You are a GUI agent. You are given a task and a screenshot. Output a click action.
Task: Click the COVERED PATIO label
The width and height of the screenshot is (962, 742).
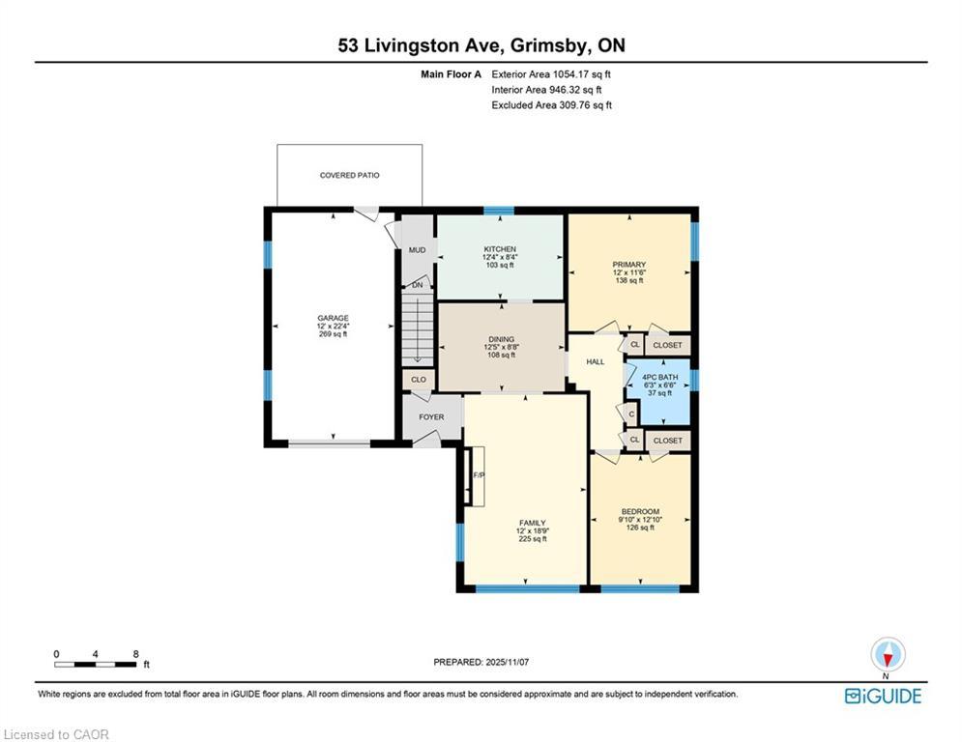pyautogui.click(x=349, y=176)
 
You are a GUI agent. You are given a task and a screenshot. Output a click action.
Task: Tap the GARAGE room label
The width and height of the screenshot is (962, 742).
pyautogui.click(x=334, y=318)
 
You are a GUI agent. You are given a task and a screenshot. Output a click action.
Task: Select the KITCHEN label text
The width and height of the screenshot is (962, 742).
pyautogui.click(x=500, y=249)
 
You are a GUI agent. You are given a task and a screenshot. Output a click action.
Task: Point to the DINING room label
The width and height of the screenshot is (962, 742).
pyautogui.click(x=501, y=339)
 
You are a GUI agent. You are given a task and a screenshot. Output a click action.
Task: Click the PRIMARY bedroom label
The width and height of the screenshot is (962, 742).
pyautogui.click(x=628, y=265)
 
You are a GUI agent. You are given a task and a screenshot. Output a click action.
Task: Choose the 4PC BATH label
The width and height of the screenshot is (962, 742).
pyautogui.click(x=660, y=377)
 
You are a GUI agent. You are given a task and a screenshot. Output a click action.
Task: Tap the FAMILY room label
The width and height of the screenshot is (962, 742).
pyautogui.click(x=532, y=523)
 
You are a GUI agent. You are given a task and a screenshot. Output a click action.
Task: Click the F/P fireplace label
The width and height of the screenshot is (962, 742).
pyautogui.click(x=479, y=475)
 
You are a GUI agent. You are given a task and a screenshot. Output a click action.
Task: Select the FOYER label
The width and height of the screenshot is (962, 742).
pyautogui.click(x=431, y=417)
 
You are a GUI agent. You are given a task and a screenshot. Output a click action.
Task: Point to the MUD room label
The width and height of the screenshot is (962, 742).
pyautogui.click(x=418, y=250)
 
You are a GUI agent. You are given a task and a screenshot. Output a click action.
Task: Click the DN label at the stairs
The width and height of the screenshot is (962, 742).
pyautogui.click(x=418, y=285)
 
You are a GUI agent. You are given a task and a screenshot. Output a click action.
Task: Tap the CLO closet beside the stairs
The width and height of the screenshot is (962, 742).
pyautogui.click(x=419, y=380)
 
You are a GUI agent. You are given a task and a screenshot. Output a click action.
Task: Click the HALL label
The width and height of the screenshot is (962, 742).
pyautogui.click(x=596, y=361)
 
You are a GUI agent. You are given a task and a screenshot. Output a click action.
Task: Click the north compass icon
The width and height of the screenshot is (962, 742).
pyautogui.click(x=888, y=655)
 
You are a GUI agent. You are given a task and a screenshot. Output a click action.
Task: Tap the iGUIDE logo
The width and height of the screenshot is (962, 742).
pyautogui.click(x=883, y=696)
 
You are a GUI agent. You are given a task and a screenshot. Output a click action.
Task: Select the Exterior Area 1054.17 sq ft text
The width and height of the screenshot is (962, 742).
pyautogui.click(x=551, y=74)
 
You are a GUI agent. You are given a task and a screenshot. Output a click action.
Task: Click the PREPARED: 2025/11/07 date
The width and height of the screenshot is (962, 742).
pyautogui.click(x=481, y=662)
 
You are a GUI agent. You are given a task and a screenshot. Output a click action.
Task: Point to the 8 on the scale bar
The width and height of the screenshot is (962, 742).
pyautogui.click(x=135, y=654)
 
